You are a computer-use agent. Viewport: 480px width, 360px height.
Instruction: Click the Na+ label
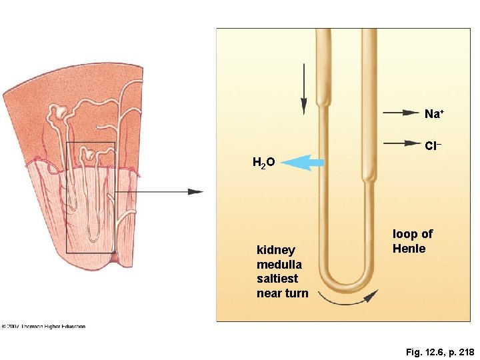click(x=434, y=114)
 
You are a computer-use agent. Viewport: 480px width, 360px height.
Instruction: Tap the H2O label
click(x=264, y=162)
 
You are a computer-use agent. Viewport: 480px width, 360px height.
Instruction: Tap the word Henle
click(x=409, y=249)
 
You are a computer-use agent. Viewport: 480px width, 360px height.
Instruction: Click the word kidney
click(x=275, y=250)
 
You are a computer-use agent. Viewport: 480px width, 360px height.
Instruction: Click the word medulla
click(x=279, y=265)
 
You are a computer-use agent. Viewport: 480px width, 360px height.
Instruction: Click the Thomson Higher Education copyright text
click(x=43, y=327)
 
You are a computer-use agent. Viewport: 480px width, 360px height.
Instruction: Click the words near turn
click(x=283, y=293)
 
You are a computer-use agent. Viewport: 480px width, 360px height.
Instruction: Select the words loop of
click(x=413, y=234)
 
